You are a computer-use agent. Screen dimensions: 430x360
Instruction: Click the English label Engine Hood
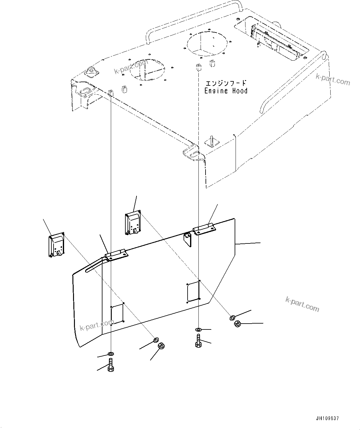point(226,91)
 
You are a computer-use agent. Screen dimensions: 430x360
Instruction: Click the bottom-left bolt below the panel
point(111,365)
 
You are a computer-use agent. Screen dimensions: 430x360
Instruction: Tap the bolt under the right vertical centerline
point(198,341)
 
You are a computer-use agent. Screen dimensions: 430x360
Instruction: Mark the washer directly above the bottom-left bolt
point(111,354)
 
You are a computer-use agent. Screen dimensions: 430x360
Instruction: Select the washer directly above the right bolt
point(198,330)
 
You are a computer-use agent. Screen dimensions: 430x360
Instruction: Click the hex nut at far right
point(237,324)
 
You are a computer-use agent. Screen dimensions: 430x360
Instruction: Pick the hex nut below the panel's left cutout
point(161,346)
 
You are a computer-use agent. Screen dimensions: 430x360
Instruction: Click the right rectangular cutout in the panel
point(193,291)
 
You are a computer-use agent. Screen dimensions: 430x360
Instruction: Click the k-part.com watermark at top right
point(333,80)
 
